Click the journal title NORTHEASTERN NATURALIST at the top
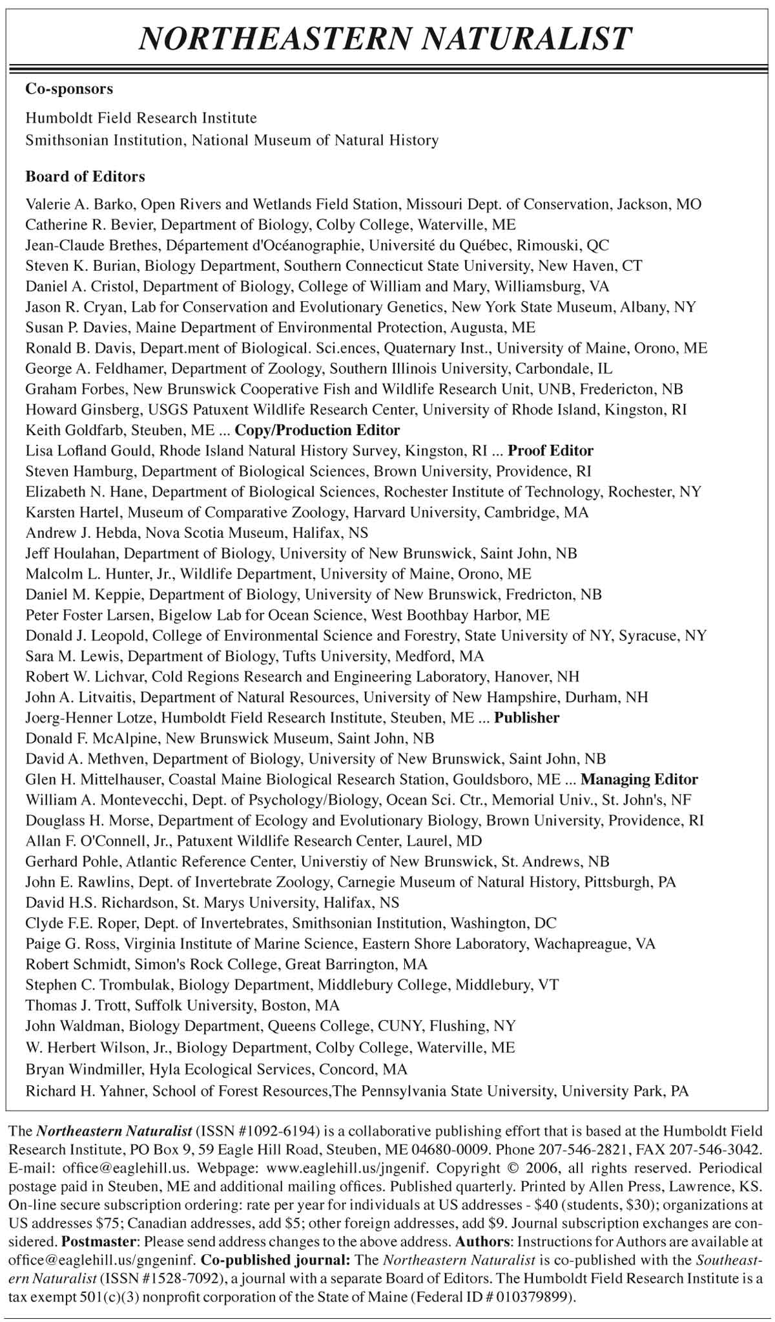pyautogui.click(x=386, y=39)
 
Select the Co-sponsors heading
pyautogui.click(x=69, y=89)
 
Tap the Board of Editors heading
pyautogui.click(x=85, y=176)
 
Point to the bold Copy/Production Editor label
pyautogui.click(x=317, y=430)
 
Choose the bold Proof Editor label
pyautogui.click(x=550, y=451)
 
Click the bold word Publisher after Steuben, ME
pyautogui.click(x=526, y=717)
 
